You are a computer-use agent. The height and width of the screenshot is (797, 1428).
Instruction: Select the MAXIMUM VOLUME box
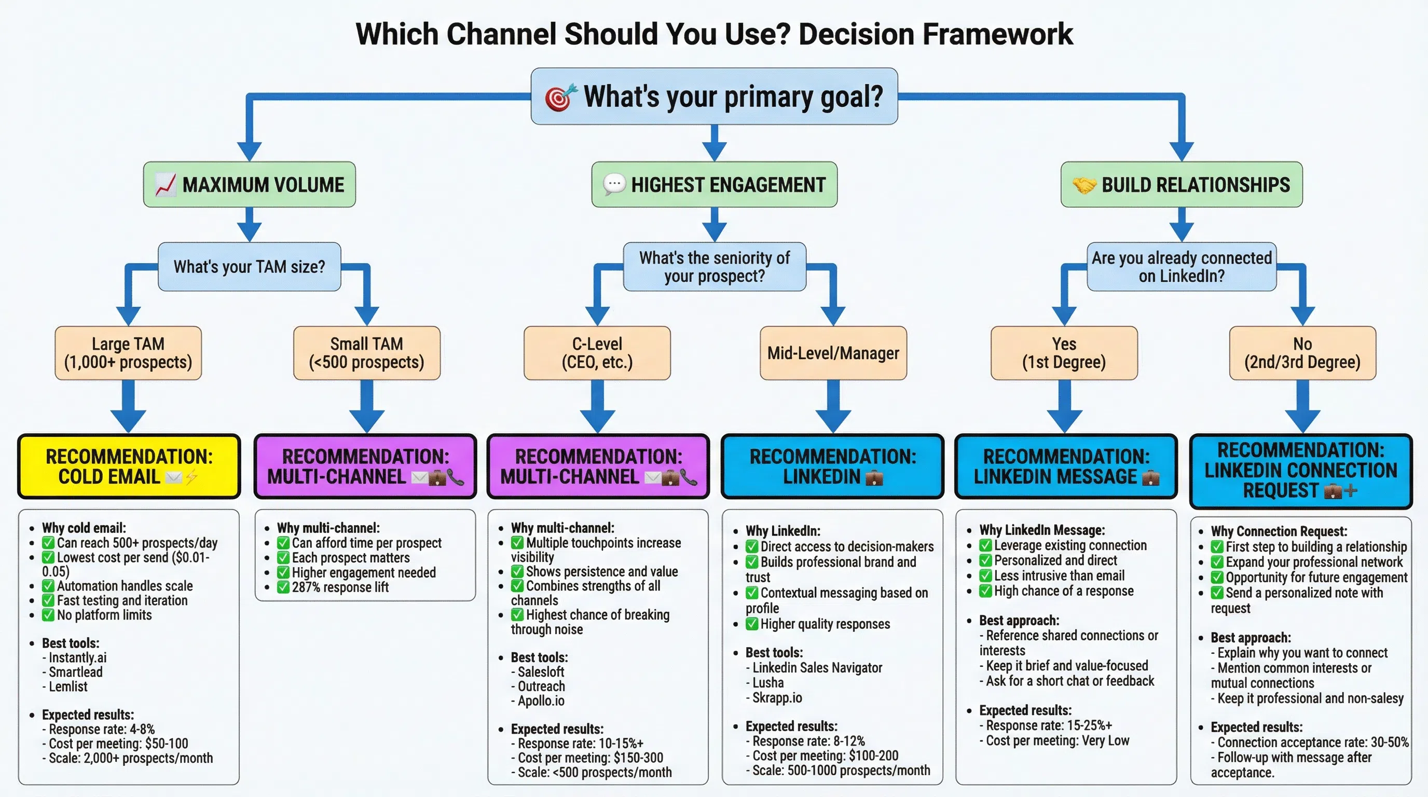tap(250, 185)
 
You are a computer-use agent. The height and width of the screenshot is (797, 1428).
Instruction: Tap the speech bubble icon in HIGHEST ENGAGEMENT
tap(614, 184)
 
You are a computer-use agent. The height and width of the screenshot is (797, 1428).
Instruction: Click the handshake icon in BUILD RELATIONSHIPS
tap(1084, 185)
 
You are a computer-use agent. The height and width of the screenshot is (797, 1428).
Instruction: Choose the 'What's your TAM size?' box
tap(250, 267)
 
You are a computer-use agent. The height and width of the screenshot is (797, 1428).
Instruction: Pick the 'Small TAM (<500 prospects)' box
tap(366, 353)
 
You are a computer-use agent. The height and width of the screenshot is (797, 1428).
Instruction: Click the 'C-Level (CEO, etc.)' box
tap(597, 353)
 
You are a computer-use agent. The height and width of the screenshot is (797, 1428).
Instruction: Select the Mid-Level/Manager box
tap(833, 353)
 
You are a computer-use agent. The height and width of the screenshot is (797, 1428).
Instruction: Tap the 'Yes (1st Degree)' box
tap(1064, 353)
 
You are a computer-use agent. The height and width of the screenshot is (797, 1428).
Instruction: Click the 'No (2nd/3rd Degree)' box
tap(1302, 353)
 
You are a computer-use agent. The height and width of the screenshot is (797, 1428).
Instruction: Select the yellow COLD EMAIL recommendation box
tap(129, 466)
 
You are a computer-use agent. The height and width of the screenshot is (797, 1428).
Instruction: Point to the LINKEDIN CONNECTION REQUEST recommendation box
tap(1300, 471)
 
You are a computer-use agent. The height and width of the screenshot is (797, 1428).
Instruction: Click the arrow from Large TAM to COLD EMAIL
tap(129, 407)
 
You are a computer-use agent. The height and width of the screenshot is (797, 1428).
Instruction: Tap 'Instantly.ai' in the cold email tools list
tap(78, 658)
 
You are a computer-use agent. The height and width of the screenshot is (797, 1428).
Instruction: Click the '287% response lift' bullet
tap(340, 587)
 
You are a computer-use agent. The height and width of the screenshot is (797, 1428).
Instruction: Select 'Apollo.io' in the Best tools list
tap(541, 701)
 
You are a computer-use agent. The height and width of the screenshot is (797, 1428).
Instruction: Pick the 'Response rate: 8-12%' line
tap(808, 741)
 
